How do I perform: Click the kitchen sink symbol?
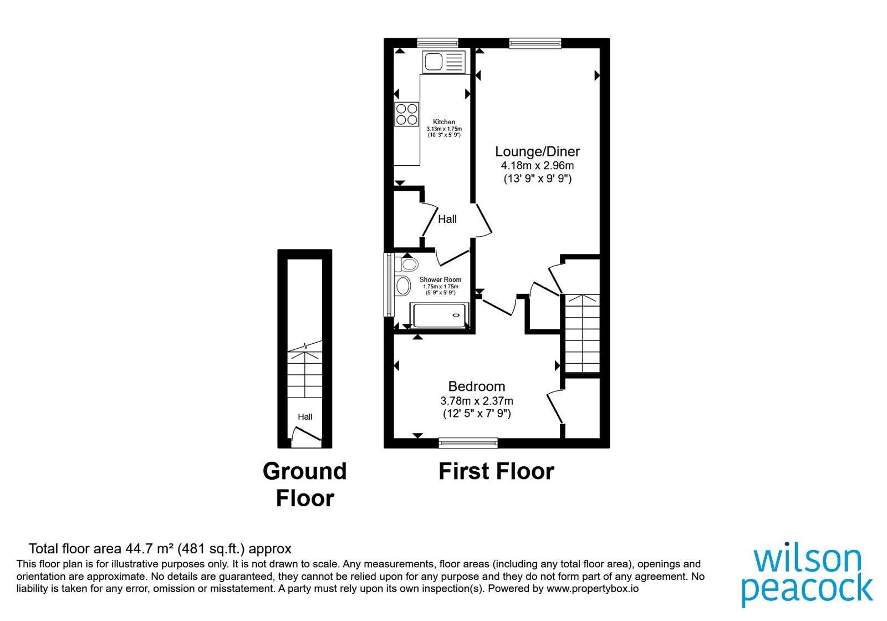[443, 62]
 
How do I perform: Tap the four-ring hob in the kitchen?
[407, 114]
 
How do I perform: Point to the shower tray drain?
[456, 315]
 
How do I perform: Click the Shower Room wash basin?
[402, 286]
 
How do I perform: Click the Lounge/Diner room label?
[537, 151]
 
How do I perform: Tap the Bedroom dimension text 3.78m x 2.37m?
[477, 401]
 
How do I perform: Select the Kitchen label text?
[444, 122]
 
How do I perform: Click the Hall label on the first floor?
[447, 219]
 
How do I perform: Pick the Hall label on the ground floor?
[305, 416]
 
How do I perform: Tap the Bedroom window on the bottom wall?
[468, 443]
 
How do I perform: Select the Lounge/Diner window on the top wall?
[535, 43]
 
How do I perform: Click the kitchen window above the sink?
[437, 43]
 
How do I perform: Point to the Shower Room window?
[389, 285]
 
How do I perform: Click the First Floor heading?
[496, 471]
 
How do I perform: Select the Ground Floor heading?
[305, 485]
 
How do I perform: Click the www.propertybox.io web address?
[593, 588]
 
